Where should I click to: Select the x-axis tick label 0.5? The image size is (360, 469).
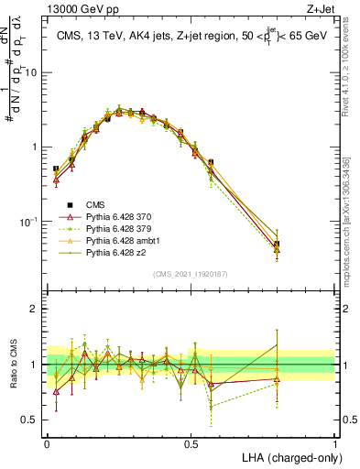[x=191, y=443]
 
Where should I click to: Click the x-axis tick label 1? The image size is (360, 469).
[x=334, y=443]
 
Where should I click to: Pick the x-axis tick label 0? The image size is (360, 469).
[x=47, y=443]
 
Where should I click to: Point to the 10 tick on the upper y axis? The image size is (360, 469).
[x=33, y=71]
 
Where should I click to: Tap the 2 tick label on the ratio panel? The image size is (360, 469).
[x=37, y=309]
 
